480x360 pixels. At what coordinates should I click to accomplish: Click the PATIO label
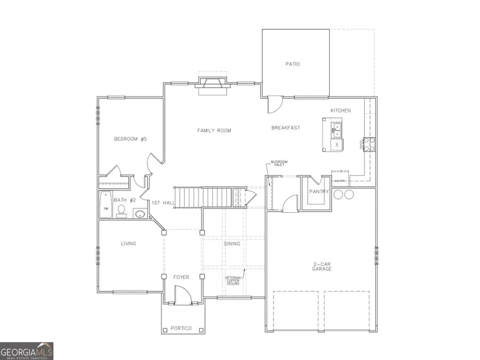(x=292, y=64)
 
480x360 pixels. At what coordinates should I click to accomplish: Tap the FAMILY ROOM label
(x=214, y=130)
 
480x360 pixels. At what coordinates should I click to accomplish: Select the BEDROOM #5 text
(x=130, y=139)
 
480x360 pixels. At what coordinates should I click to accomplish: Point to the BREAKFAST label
(x=285, y=127)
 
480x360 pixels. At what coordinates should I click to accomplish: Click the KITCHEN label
(x=340, y=110)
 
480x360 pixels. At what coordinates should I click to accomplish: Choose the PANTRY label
(x=319, y=191)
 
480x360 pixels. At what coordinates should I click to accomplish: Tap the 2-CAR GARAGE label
(x=322, y=266)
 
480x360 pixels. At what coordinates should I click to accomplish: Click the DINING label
(x=232, y=244)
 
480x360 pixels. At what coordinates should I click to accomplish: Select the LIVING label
(x=129, y=244)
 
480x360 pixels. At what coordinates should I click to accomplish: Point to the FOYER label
(x=181, y=277)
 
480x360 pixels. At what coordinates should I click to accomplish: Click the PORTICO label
(x=181, y=328)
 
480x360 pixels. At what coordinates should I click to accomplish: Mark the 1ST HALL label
(x=162, y=203)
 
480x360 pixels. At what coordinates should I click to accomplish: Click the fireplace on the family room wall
(x=212, y=85)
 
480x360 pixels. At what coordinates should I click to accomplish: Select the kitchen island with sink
(x=333, y=135)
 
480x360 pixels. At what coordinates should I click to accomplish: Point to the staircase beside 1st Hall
(x=208, y=197)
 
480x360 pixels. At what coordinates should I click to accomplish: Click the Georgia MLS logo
(x=27, y=351)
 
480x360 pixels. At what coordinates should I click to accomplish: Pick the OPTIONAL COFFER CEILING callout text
(x=233, y=281)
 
